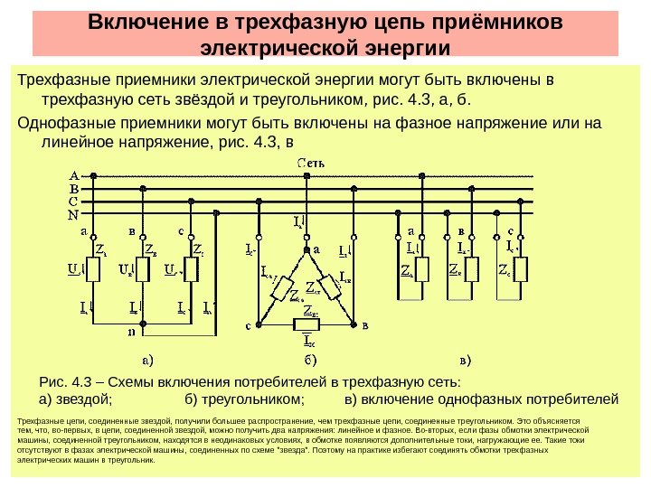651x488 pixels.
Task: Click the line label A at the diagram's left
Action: point(72,175)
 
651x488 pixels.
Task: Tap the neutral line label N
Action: point(72,216)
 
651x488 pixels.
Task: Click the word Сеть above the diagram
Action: point(313,163)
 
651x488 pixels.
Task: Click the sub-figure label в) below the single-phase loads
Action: point(467,361)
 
